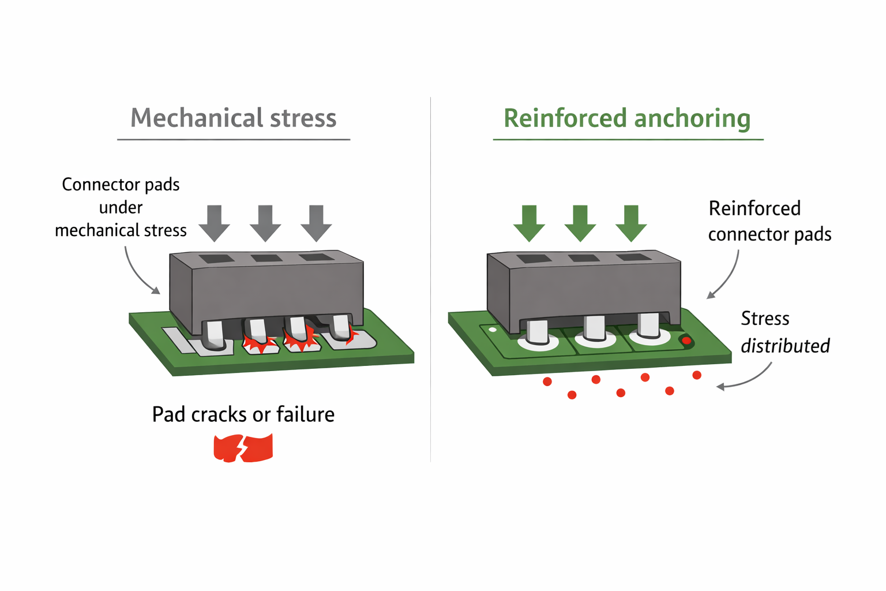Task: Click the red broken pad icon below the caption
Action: click(x=243, y=448)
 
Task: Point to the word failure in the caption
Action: click(x=305, y=414)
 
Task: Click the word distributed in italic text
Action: click(x=784, y=346)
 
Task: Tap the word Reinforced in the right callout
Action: click(x=754, y=208)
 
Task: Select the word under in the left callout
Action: click(x=121, y=207)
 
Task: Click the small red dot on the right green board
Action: click(x=686, y=341)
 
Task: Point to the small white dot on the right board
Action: click(x=492, y=330)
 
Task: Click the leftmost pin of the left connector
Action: click(x=215, y=335)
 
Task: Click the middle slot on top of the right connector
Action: click(x=584, y=258)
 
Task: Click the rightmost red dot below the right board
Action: click(x=697, y=376)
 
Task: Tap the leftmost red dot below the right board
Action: click(x=547, y=382)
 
